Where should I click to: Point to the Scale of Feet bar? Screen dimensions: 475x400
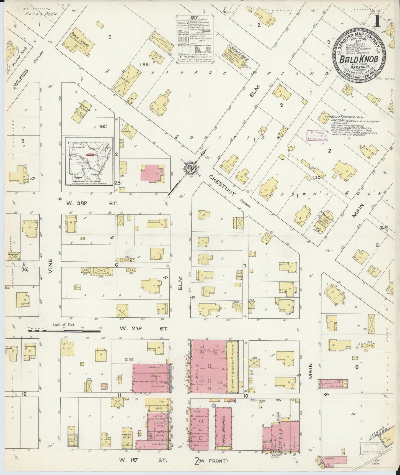(x=64, y=330)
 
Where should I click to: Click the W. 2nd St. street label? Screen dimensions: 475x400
(x=144, y=329)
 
